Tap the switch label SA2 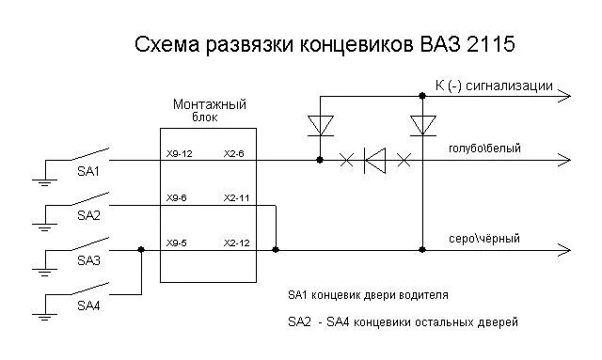click(88, 215)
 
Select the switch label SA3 click(88, 260)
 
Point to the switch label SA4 click(88, 305)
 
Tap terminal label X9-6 click(177, 198)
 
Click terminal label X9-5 click(177, 243)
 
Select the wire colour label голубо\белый click(484, 149)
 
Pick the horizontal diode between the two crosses click(375, 161)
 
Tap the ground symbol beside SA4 click(42, 310)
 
